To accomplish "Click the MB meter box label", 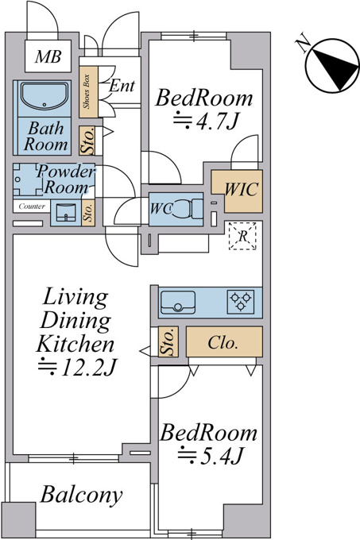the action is click(x=48, y=57).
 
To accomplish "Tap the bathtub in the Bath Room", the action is click(x=43, y=96).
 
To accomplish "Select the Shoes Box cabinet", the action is click(x=88, y=91).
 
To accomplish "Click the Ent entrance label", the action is click(x=122, y=86).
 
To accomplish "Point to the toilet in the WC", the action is click(x=187, y=209).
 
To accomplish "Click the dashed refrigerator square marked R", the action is click(x=243, y=236).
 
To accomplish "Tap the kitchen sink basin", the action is click(x=178, y=303).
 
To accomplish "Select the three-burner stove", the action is click(x=241, y=302).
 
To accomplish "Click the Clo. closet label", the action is click(x=223, y=343).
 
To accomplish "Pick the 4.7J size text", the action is click(x=205, y=121).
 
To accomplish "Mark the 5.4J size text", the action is click(x=211, y=455).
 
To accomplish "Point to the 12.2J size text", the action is click(x=78, y=368).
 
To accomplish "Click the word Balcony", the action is click(x=81, y=495).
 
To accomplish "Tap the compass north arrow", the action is click(x=335, y=68).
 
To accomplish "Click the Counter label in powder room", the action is click(x=32, y=206).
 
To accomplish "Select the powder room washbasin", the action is click(x=66, y=213).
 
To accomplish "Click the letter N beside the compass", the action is click(x=303, y=43).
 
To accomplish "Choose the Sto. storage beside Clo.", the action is click(x=168, y=341).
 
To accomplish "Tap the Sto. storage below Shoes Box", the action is click(x=87, y=141).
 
